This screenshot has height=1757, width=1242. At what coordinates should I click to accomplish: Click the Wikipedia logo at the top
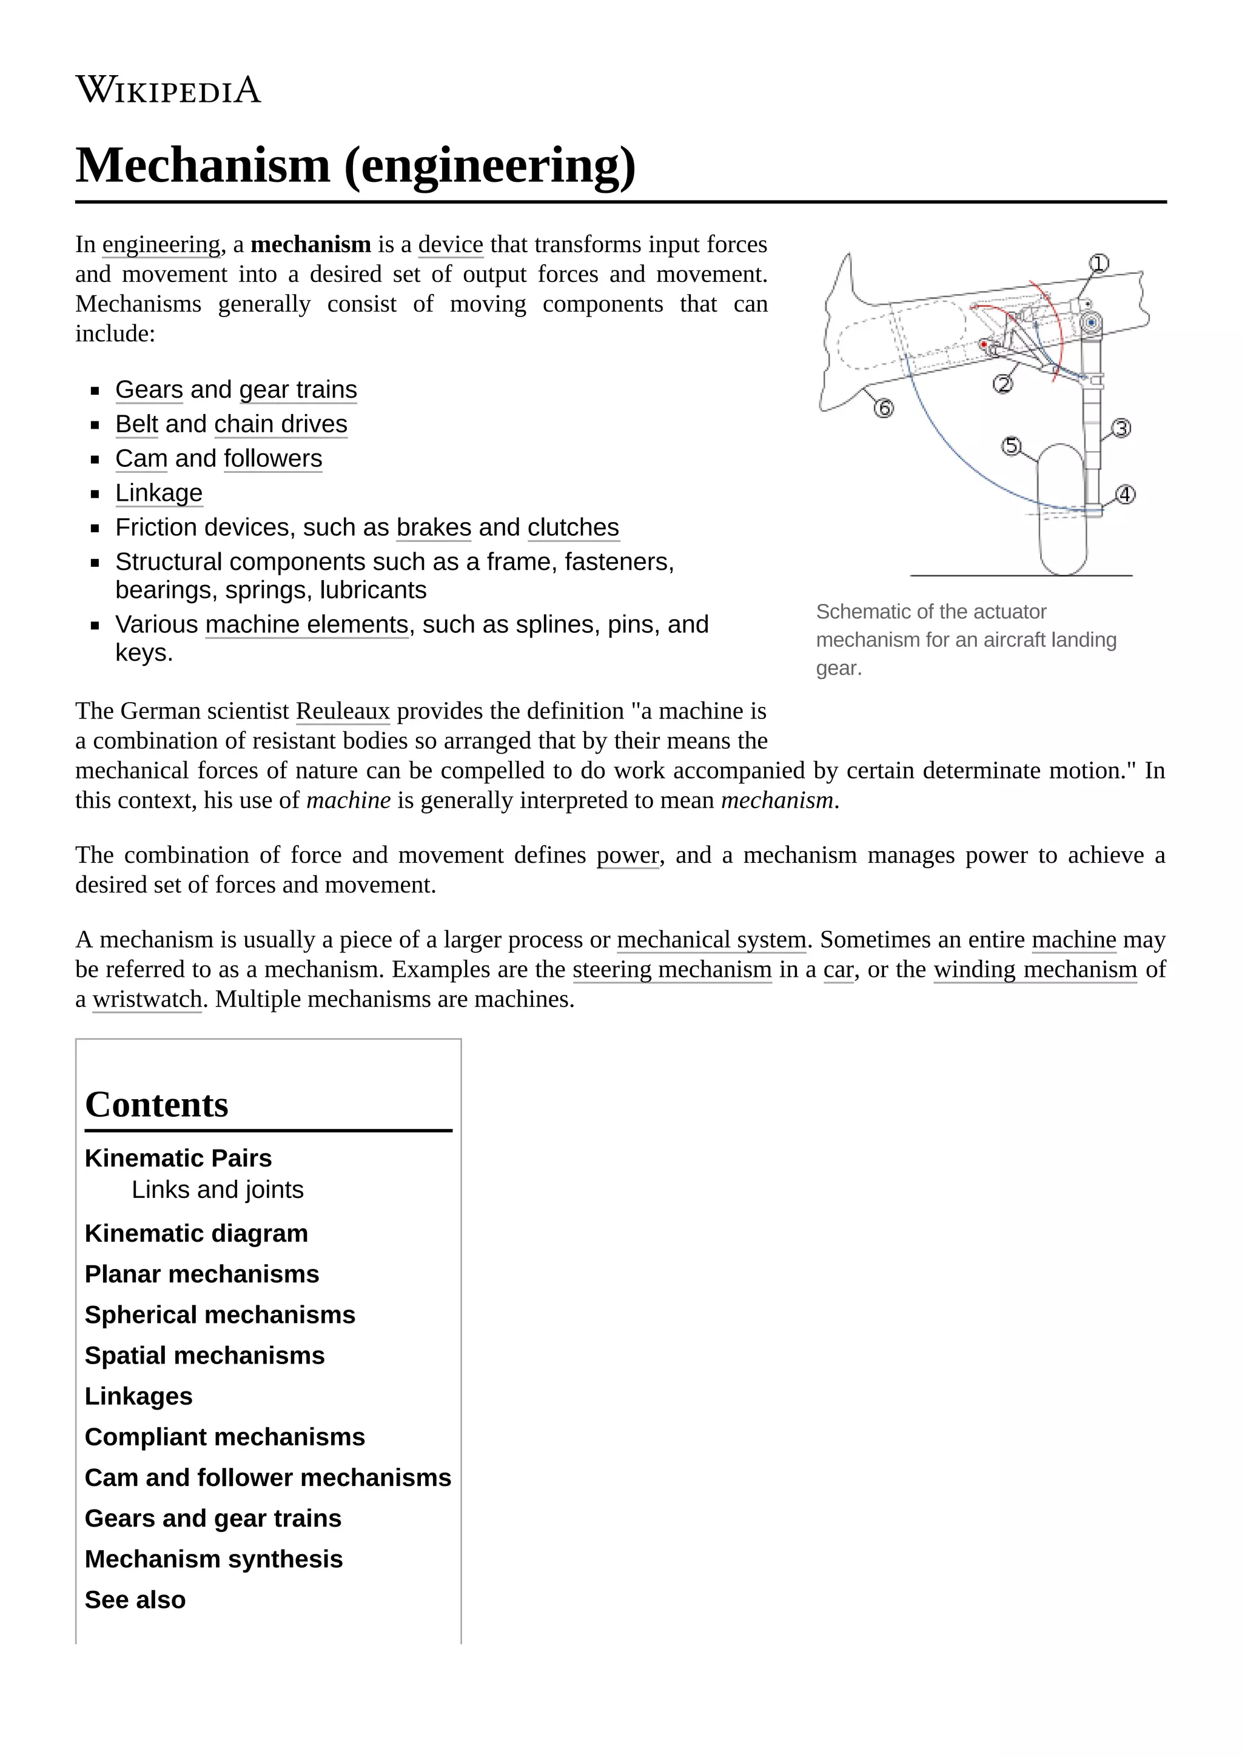pos(169,90)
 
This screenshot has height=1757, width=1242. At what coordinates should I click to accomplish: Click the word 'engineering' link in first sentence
pos(161,244)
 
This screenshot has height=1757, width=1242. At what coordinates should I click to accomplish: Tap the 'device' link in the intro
pos(450,244)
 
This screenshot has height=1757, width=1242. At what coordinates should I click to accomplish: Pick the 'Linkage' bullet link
pos(158,493)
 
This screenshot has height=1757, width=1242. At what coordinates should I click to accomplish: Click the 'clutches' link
pos(572,527)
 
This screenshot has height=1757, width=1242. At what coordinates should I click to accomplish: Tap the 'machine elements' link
pos(306,624)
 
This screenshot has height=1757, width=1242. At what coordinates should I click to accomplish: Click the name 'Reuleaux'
pos(342,711)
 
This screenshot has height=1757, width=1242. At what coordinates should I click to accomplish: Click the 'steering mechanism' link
pos(671,969)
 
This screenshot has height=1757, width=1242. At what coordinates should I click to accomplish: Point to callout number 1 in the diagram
pos(1098,264)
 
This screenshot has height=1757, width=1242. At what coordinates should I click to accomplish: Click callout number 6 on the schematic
pos(883,409)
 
